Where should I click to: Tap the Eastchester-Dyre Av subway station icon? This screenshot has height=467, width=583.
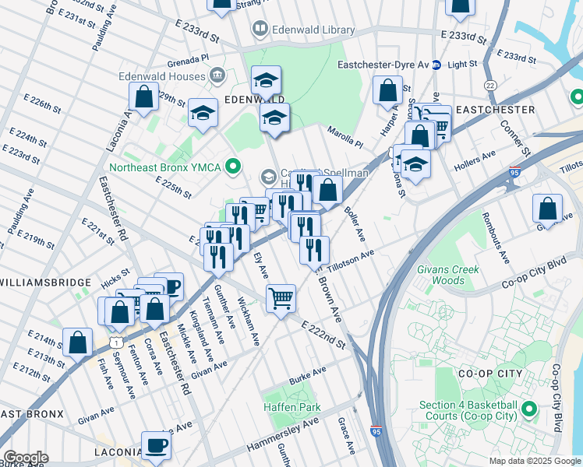tap(437, 65)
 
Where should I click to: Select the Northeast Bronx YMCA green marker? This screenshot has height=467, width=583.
tap(231, 166)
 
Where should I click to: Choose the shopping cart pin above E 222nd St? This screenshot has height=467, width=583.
tap(281, 297)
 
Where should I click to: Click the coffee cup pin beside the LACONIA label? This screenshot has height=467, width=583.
tap(156, 446)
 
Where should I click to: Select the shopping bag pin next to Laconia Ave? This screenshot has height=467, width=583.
tap(143, 98)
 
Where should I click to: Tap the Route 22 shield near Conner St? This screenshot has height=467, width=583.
tap(490, 84)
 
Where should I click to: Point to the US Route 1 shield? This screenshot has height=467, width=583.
tap(115, 342)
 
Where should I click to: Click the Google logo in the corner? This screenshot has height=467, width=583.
tap(26, 458)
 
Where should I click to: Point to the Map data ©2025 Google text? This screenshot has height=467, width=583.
tap(535, 461)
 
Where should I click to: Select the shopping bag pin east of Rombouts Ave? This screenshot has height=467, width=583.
tap(548, 208)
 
